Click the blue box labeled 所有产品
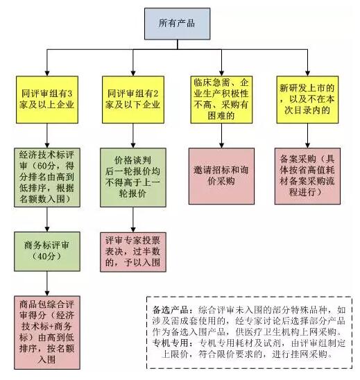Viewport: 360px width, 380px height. tap(177, 24)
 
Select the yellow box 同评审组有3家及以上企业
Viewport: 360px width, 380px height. tap(47, 99)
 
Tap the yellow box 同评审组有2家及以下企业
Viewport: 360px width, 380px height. tap(133, 99)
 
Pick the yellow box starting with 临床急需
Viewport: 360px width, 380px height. tap(221, 99)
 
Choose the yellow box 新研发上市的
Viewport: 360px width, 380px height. tap(307, 99)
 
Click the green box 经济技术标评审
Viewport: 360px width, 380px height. tap(47, 177)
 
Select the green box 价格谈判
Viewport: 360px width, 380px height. tap(133, 177)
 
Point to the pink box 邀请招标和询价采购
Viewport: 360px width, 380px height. tap(221, 176)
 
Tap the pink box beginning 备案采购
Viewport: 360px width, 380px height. tap(307, 176)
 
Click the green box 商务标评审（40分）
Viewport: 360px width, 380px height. tap(47, 251)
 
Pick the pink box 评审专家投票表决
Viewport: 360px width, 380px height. tap(133, 252)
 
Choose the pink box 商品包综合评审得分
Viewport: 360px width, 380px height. tap(47, 332)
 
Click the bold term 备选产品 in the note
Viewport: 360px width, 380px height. tap(171, 310)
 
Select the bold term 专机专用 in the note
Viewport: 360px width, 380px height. tap(171, 343)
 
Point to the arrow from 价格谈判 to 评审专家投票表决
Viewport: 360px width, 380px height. tap(133, 220)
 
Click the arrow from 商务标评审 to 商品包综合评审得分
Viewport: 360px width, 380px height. tap(47, 284)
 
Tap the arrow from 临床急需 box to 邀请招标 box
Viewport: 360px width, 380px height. tap(221, 135)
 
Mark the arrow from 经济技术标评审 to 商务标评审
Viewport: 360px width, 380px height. tap(47, 219)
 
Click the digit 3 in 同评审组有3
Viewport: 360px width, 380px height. tap(69, 94)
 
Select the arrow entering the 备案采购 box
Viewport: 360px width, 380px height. tap(307, 135)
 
